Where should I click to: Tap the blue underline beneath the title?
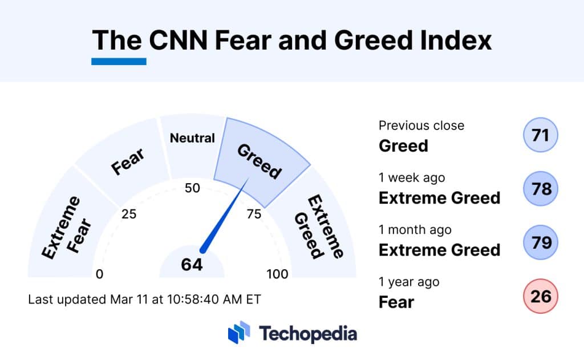tap(119, 61)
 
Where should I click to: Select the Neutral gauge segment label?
tap(193, 138)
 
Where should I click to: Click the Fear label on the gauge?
tap(127, 161)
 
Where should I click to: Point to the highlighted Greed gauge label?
tap(259, 161)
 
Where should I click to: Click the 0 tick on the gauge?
tap(100, 274)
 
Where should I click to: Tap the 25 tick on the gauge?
tap(129, 215)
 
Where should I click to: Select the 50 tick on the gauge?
tap(192, 188)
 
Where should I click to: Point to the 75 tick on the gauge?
tap(254, 215)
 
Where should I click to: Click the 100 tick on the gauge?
tap(278, 274)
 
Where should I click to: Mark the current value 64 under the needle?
tap(192, 265)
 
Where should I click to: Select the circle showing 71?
tap(540, 136)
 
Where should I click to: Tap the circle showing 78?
tap(540, 189)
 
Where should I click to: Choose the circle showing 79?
tap(540, 242)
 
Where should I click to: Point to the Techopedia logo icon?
tap(239, 333)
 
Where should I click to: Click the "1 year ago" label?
tap(409, 282)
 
